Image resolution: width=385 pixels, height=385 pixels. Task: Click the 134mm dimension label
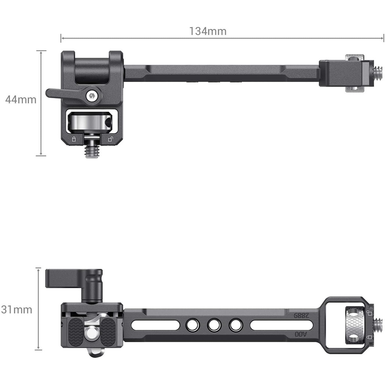pyautogui.click(x=208, y=31)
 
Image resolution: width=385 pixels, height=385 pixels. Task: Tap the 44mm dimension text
pyautogui.click(x=21, y=99)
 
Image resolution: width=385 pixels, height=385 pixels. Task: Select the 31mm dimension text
pyautogui.click(x=17, y=310)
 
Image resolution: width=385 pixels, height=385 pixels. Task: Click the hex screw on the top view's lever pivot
pyautogui.click(x=92, y=96)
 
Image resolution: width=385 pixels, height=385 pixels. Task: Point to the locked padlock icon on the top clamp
pyautogui.click(x=74, y=139)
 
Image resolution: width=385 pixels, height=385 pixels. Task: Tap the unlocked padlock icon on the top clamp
pyautogui.click(x=111, y=139)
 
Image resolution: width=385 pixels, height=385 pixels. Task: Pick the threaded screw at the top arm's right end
pyautogui.click(x=378, y=73)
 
